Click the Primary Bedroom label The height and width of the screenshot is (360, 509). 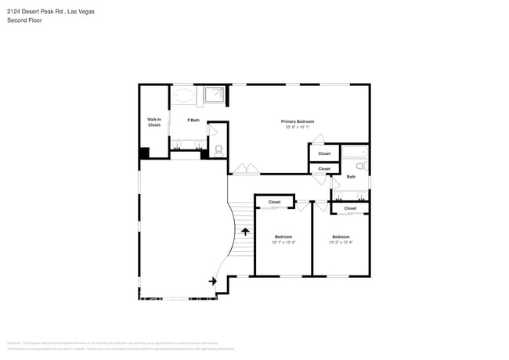click(298, 121)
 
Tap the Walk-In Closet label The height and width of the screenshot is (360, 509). click(153, 122)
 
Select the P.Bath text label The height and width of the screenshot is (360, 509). click(193, 121)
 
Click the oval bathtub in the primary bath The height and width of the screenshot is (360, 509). click(186, 96)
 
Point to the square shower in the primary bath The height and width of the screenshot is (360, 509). click(215, 95)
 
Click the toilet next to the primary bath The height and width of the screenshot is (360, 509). click(218, 149)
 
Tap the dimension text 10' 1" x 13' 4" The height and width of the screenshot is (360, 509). click(283, 243)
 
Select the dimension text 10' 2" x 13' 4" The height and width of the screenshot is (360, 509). click(341, 243)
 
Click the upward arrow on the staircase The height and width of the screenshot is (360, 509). click(246, 232)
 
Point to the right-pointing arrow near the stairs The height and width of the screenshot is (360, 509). click(213, 281)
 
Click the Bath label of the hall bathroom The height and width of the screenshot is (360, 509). click(351, 177)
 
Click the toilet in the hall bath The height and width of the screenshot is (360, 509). click(361, 166)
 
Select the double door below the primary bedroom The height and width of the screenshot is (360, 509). click(246, 169)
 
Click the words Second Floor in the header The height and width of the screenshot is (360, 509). click(25, 20)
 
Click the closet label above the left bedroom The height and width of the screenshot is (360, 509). click(274, 202)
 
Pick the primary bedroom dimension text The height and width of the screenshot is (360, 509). click(298, 128)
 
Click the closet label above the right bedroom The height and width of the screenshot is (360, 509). click(350, 208)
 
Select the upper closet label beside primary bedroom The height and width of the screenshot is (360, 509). click(324, 153)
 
